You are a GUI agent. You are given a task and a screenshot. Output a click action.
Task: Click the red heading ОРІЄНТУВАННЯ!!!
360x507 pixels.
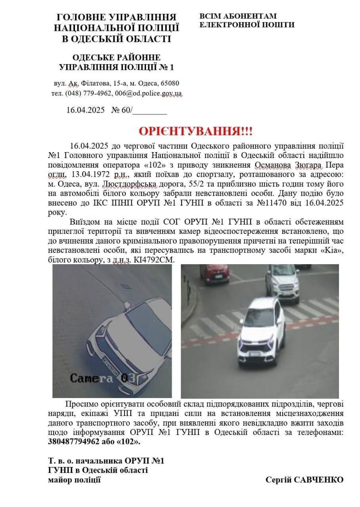[x=195, y=132]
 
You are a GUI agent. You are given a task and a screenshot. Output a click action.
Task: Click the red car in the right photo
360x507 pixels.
[x=214, y=274]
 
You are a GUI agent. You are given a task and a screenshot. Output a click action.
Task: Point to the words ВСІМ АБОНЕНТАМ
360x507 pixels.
[x=238, y=16]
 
